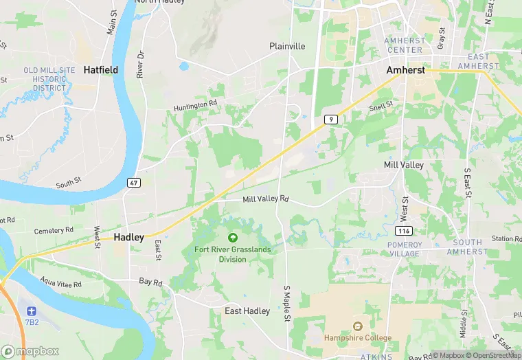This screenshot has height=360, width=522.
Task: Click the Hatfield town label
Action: [101, 69]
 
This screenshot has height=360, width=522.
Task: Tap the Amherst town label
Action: [405, 71]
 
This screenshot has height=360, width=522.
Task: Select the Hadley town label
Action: [128, 237]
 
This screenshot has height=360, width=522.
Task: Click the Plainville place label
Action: [287, 46]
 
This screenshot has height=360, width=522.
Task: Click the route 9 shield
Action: [332, 120]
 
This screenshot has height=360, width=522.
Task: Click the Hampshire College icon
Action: [357, 326]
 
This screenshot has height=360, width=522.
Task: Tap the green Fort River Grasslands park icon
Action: [232, 237]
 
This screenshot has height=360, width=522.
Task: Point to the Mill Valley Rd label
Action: [266, 199]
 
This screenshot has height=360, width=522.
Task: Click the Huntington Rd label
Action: [195, 104]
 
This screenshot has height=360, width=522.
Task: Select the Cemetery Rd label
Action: [54, 230]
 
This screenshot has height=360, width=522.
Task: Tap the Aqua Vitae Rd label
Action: [60, 283]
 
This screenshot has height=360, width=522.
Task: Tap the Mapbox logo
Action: [30, 351]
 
